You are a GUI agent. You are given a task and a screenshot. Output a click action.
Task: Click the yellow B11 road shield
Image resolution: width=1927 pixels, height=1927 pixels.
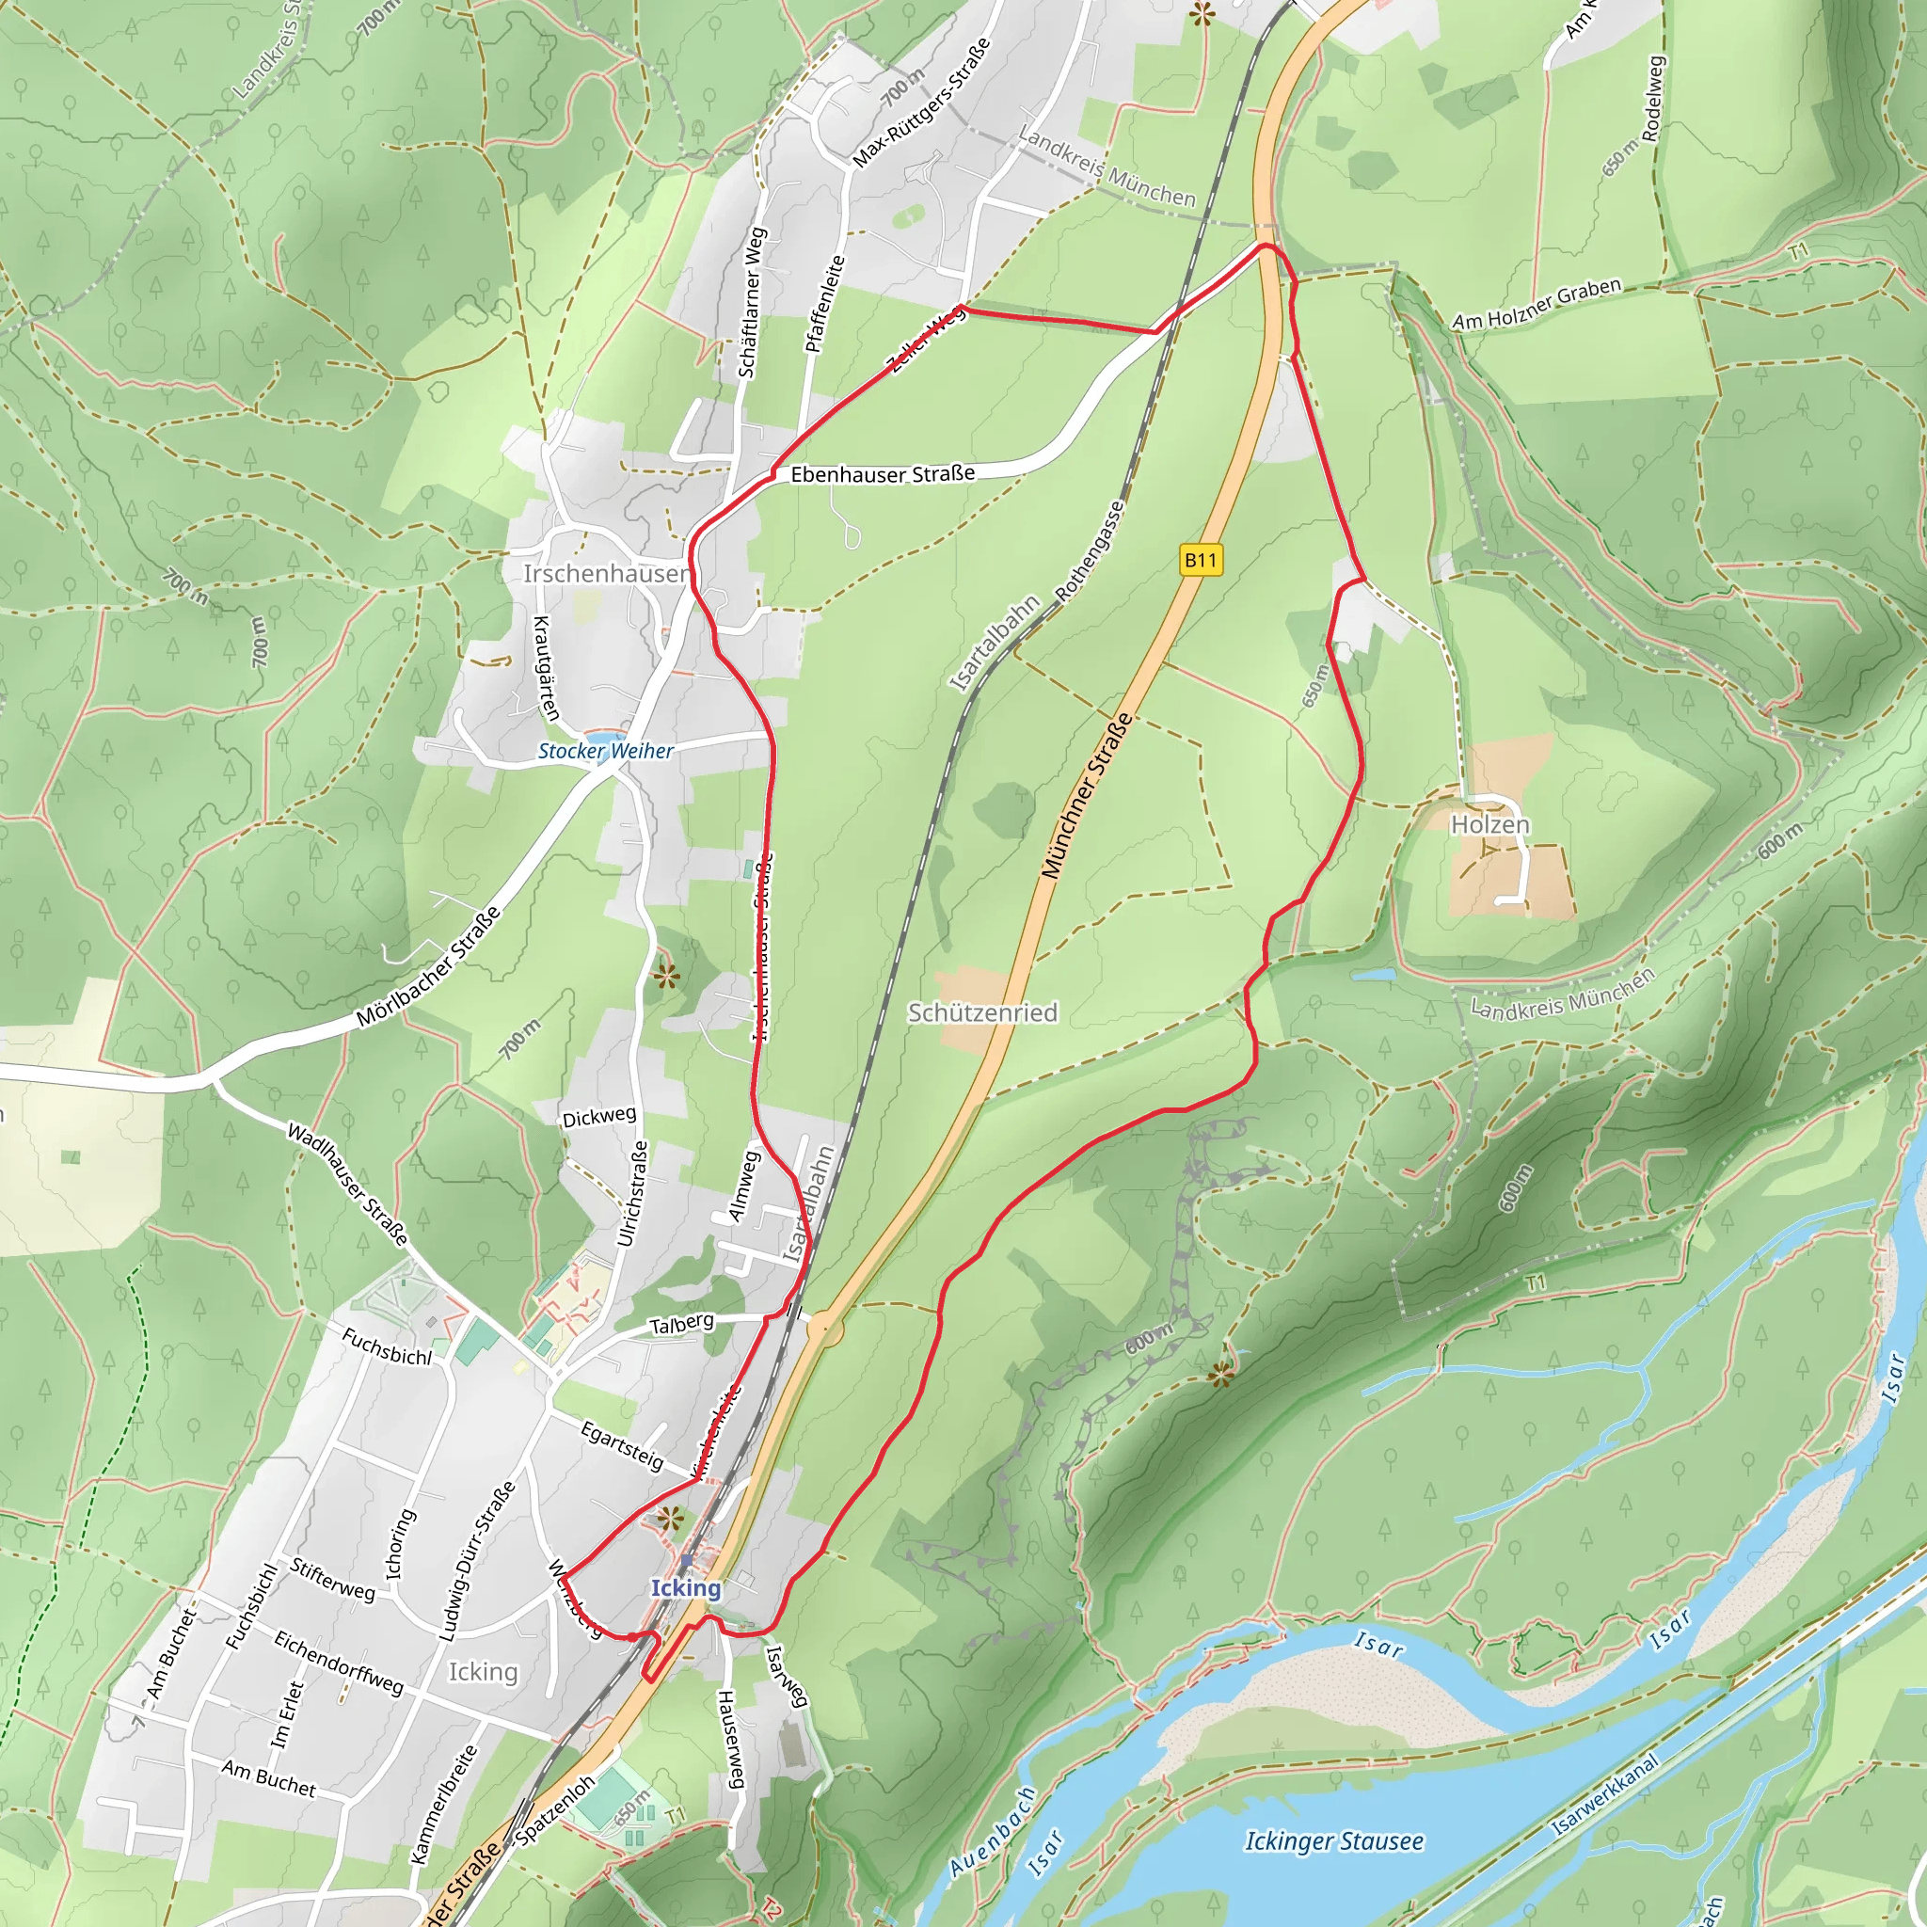[x=1201, y=560]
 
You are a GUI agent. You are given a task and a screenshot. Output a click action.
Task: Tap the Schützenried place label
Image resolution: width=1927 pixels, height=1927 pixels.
[x=981, y=1013]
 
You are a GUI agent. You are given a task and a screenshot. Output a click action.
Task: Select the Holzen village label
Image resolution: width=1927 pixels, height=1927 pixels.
[x=1489, y=825]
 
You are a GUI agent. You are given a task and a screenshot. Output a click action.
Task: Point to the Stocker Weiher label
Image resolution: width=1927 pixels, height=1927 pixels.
[x=605, y=752]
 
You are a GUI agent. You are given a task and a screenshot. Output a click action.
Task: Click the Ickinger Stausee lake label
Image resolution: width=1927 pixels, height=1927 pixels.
[x=1333, y=1841]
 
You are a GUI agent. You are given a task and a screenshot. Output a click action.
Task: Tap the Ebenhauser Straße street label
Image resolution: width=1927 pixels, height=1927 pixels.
[x=883, y=474]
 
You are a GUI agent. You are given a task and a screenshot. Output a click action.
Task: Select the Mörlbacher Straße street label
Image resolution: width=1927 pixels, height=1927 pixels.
[x=429, y=968]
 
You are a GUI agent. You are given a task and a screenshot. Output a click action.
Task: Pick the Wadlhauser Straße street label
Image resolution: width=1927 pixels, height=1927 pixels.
[x=348, y=1184]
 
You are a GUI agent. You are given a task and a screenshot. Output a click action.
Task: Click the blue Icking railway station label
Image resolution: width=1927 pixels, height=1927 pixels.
[x=685, y=1588]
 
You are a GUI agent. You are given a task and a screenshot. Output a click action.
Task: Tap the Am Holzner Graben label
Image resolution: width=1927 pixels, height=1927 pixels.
[x=1536, y=304]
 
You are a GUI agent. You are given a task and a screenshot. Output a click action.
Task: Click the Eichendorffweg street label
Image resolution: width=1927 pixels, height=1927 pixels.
[x=339, y=1664]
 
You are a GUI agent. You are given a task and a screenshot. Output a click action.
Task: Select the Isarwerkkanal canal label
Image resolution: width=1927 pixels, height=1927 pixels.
[x=1605, y=1795]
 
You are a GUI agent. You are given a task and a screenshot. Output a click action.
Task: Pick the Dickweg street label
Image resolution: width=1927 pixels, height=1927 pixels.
[x=598, y=1116]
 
